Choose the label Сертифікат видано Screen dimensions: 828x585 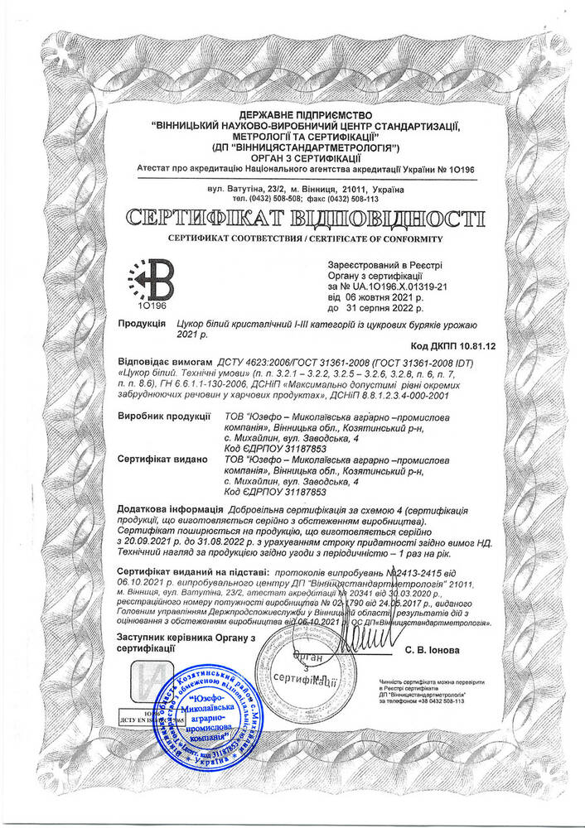click(166, 458)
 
